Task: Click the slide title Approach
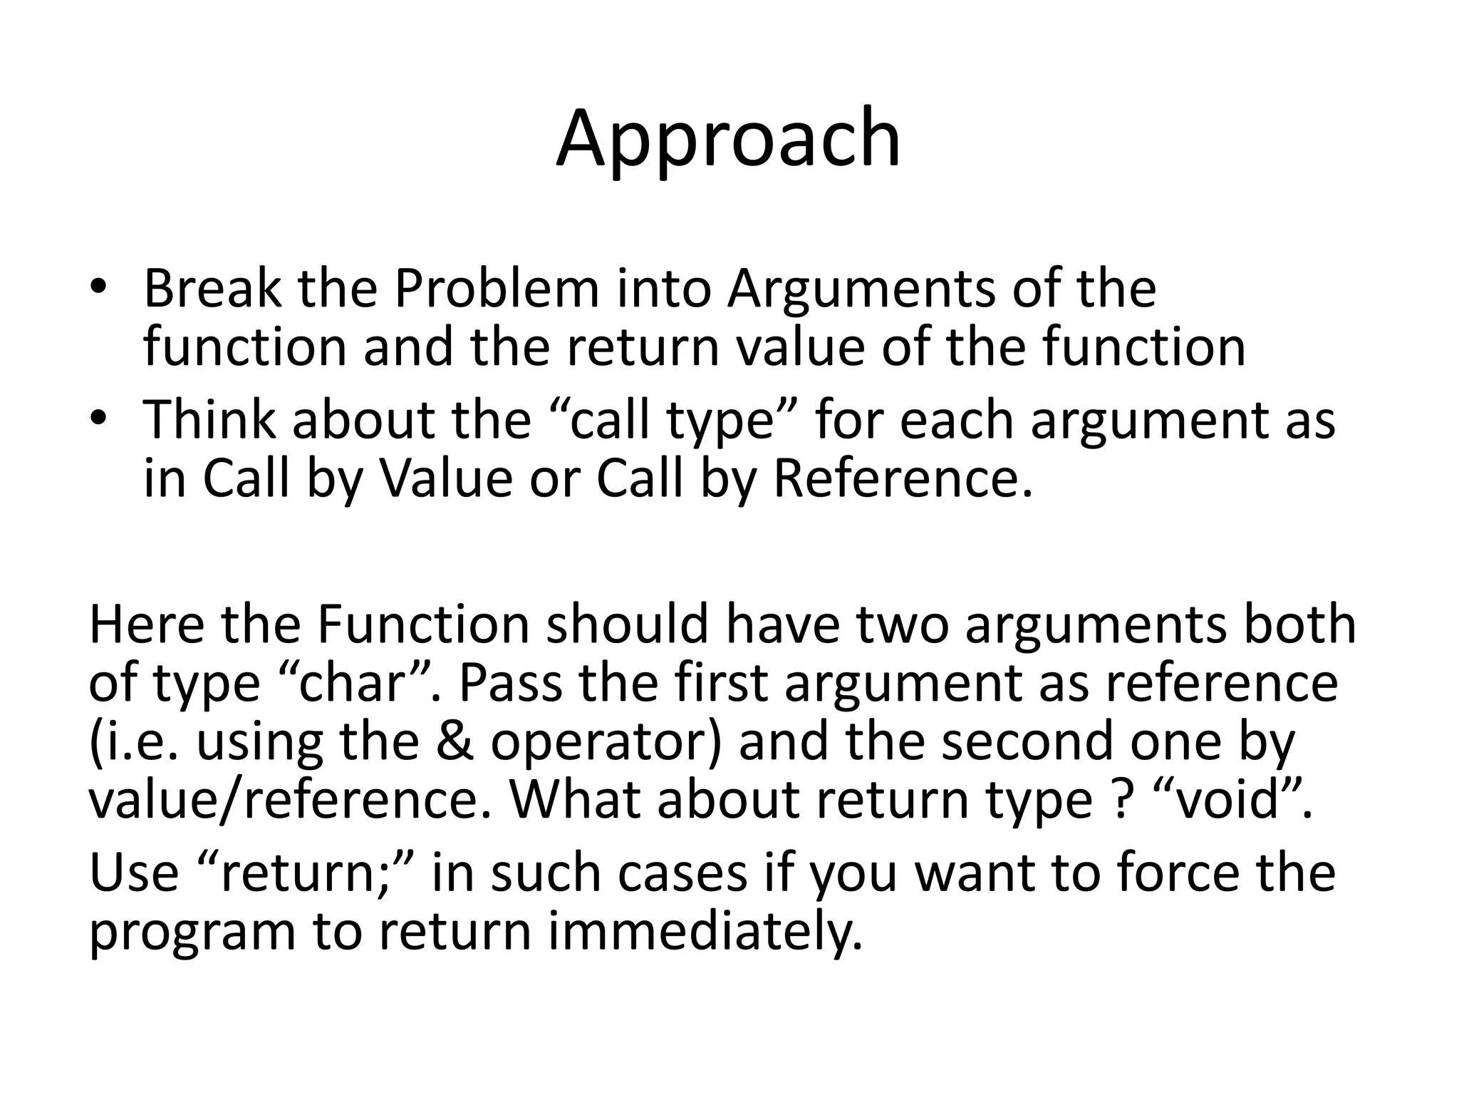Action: [x=728, y=140]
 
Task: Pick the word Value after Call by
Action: [x=447, y=478]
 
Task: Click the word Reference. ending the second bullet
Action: [x=903, y=478]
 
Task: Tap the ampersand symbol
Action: [x=455, y=741]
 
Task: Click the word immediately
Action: [x=705, y=932]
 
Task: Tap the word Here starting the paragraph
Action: [x=145, y=624]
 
